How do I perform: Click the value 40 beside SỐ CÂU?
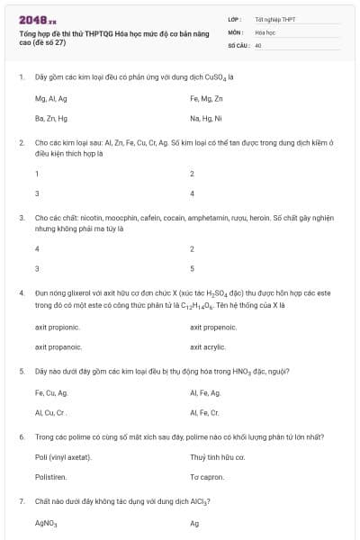pyautogui.click(x=258, y=44)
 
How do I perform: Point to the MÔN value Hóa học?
pyautogui.click(x=265, y=31)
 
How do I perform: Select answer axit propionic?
pyautogui.click(x=58, y=327)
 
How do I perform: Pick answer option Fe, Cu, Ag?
pyautogui.click(x=51, y=393)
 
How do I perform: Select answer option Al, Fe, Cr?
pyautogui.click(x=204, y=412)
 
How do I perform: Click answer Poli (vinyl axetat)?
pyautogui.click(x=60, y=458)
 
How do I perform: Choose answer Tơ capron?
pyautogui.click(x=206, y=477)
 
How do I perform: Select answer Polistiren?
pyautogui.click(x=50, y=477)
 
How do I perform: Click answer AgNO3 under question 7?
pyautogui.click(x=46, y=523)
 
